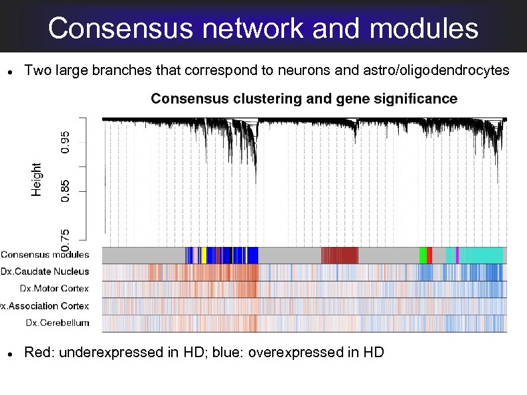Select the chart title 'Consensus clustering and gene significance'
coord(304,99)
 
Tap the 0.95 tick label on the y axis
coord(65,141)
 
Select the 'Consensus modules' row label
coord(44,254)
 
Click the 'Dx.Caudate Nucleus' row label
coord(44,271)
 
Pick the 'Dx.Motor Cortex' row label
coord(54,288)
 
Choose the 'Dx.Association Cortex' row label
coord(44,305)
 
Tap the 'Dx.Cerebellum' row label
coord(57,323)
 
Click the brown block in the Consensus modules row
coord(339,255)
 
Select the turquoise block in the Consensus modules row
coord(481,255)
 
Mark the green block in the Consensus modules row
coord(423,255)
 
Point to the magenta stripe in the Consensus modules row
coord(457,255)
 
